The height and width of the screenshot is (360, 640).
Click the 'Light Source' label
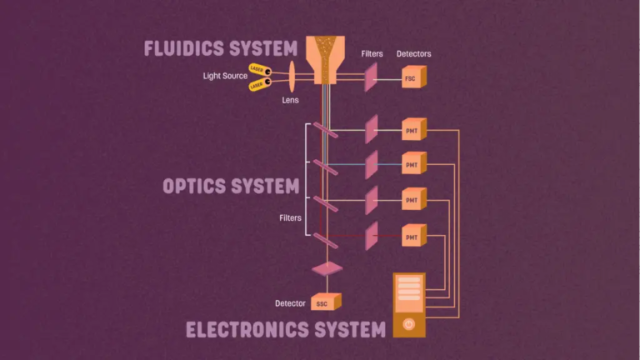tap(224, 76)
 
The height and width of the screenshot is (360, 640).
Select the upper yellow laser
tap(259, 70)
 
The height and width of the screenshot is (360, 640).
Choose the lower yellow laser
tap(259, 84)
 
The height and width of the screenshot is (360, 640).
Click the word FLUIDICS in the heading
tap(181, 47)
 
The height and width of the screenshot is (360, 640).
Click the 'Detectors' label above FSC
tap(413, 54)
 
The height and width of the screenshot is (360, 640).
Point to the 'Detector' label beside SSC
tap(290, 302)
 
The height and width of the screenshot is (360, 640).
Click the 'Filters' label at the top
tap(372, 54)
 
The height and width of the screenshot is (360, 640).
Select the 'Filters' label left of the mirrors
tap(290, 217)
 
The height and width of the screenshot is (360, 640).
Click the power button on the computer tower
tap(408, 323)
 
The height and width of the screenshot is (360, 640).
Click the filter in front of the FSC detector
tap(371, 78)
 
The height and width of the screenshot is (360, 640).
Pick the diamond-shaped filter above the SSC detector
tap(327, 268)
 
